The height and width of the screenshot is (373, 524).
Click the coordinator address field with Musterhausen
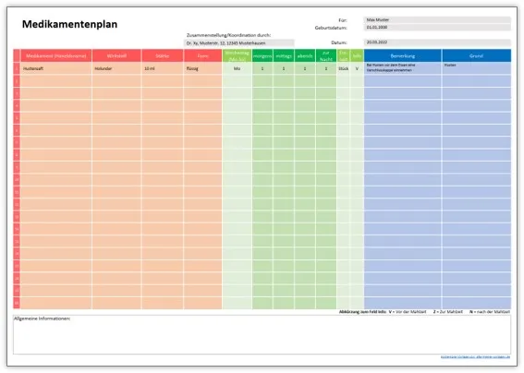point(238,42)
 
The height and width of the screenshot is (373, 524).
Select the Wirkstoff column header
point(116,55)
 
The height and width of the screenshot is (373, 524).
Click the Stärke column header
point(163,55)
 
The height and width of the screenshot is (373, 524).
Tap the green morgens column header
point(262,56)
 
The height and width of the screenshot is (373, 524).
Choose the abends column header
point(305,56)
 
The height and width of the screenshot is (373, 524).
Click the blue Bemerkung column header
point(402,55)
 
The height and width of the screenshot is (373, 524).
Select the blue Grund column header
point(475,55)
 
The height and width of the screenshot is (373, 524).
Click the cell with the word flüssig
point(195,69)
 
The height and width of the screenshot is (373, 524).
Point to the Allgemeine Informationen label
point(42,319)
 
